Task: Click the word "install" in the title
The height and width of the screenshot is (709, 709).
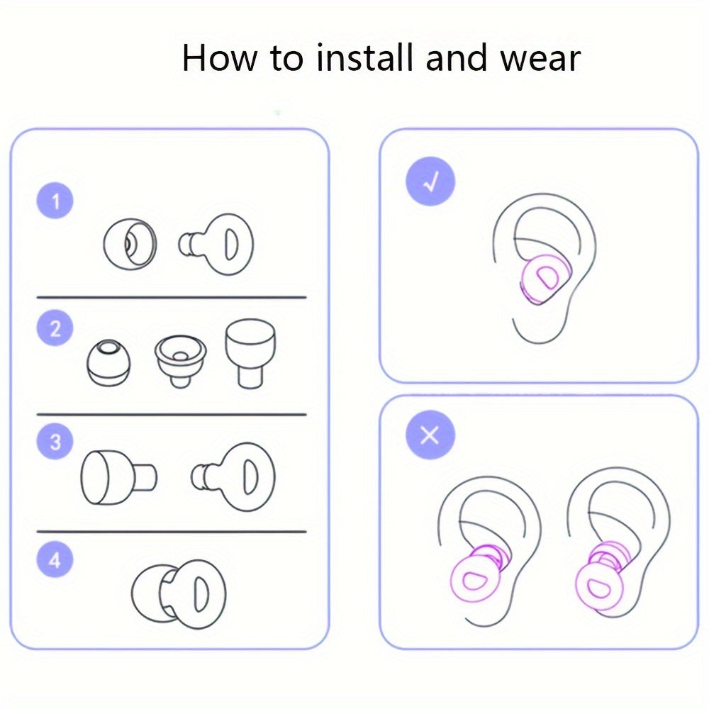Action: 365,57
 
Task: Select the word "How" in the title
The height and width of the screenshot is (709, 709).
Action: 220,58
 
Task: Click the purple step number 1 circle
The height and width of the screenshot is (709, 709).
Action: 55,201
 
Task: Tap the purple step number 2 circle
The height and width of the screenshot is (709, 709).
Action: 55,328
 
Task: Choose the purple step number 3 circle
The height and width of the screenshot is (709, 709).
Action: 55,441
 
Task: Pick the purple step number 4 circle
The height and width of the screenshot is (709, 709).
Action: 55,560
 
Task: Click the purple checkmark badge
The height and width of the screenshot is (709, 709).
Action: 430,182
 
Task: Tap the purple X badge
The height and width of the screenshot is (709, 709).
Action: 430,435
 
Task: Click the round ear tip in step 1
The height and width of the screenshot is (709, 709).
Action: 130,244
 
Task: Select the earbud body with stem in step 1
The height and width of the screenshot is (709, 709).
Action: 216,244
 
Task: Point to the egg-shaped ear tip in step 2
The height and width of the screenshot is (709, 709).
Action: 108,363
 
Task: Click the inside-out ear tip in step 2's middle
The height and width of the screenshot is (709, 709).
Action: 180,360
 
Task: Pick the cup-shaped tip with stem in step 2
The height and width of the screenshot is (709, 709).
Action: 250,353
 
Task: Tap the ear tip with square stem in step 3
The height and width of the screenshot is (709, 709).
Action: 119,477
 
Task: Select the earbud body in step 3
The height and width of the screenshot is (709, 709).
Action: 233,477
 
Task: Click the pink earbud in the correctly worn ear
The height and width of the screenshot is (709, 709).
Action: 545,278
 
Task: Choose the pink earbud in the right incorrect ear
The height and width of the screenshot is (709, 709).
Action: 602,578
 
